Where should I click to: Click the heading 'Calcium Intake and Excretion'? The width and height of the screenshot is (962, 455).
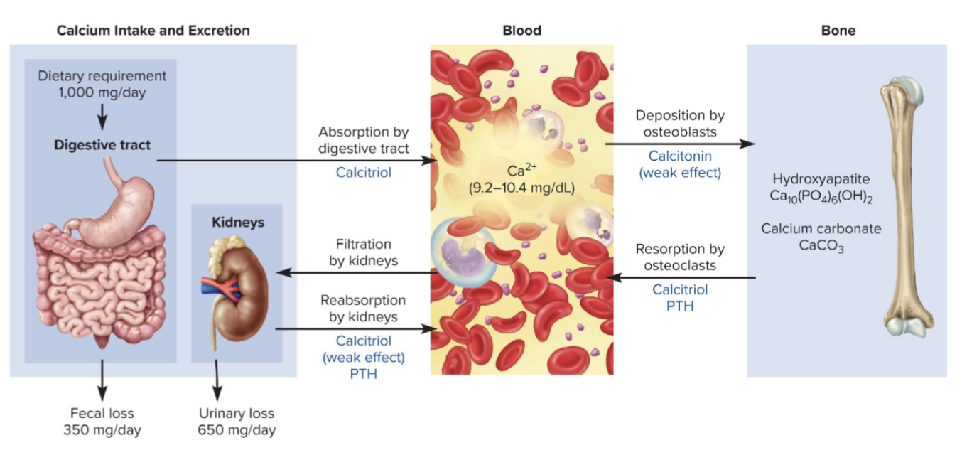tap(153, 31)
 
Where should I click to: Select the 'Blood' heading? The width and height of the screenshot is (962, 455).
tap(521, 31)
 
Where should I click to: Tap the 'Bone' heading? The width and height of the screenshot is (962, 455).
tap(838, 31)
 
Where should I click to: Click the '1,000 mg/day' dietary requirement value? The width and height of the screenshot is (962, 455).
tap(102, 93)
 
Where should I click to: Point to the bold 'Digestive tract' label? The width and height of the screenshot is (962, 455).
tap(102, 145)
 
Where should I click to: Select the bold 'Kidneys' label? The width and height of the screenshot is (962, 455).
tap(238, 222)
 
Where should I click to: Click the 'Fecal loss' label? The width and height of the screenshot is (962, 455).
tap(102, 413)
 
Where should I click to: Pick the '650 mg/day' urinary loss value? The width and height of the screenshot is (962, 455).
tap(237, 430)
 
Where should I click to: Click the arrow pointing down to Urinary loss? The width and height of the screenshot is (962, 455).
tap(217, 380)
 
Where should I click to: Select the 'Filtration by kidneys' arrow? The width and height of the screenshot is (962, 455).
tap(357, 272)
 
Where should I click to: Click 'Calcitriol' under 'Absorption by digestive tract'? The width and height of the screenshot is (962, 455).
tap(363, 172)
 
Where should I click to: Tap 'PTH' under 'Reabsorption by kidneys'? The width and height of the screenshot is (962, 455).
tap(363, 374)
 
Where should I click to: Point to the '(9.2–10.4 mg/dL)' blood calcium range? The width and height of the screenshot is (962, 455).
tap(521, 188)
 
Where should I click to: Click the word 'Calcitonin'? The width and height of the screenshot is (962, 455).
tap(680, 156)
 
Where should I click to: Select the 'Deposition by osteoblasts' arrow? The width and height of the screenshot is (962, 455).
tap(680, 144)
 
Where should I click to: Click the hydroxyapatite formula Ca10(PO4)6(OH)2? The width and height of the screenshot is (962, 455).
tap(821, 196)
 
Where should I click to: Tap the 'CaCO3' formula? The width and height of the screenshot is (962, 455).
tap(821, 246)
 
